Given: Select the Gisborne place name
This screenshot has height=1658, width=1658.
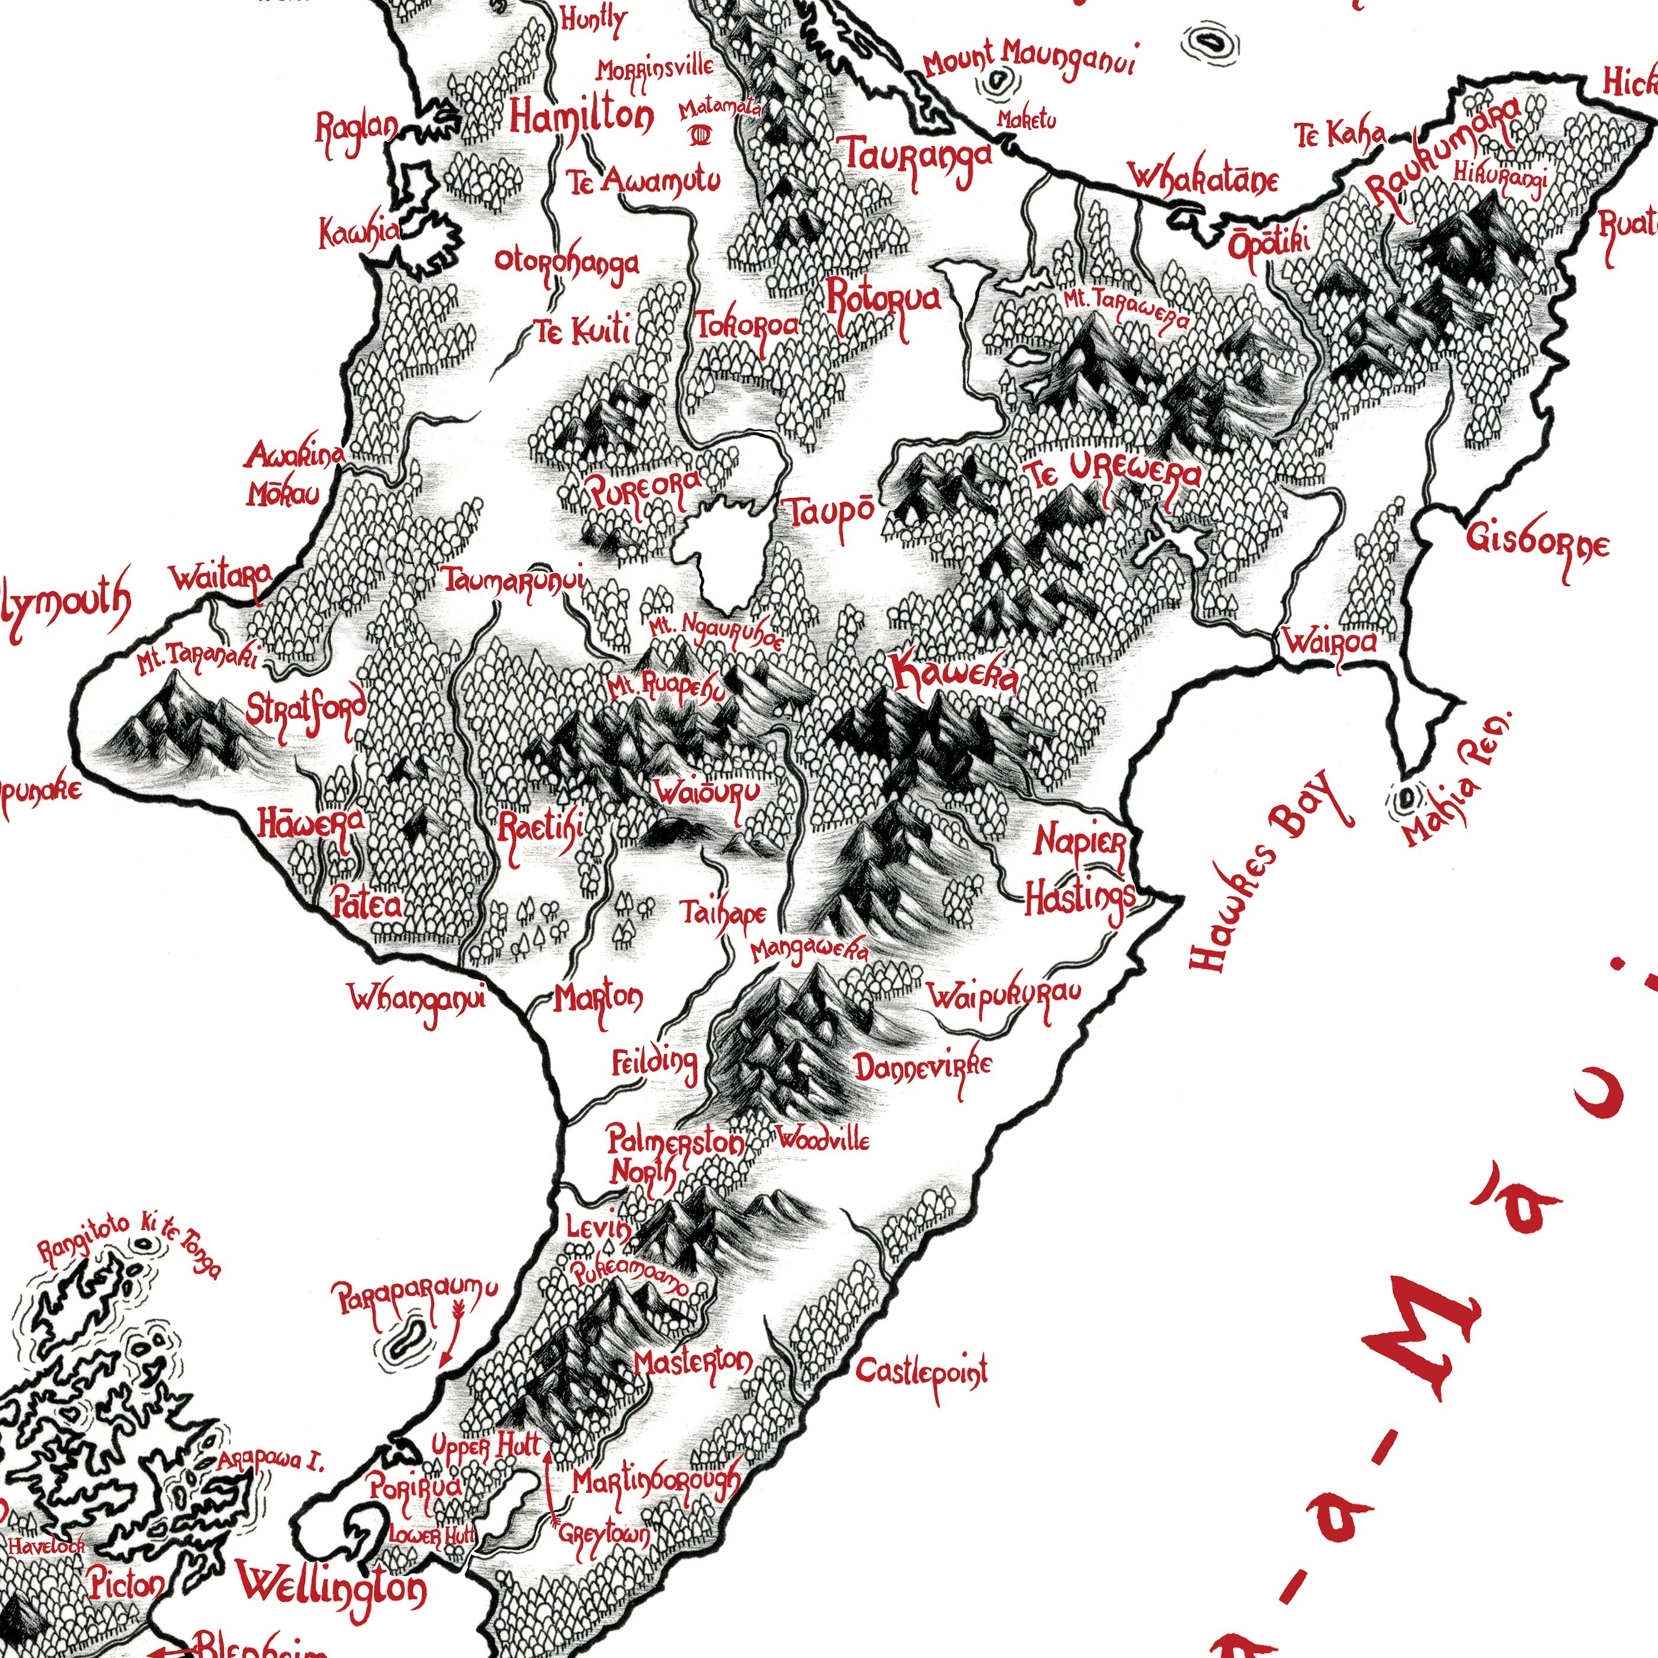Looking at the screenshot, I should (1538, 542).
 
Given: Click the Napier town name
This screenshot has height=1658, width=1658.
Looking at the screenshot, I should (1079, 841).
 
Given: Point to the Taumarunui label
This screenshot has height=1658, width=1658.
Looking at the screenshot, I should (513, 580).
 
